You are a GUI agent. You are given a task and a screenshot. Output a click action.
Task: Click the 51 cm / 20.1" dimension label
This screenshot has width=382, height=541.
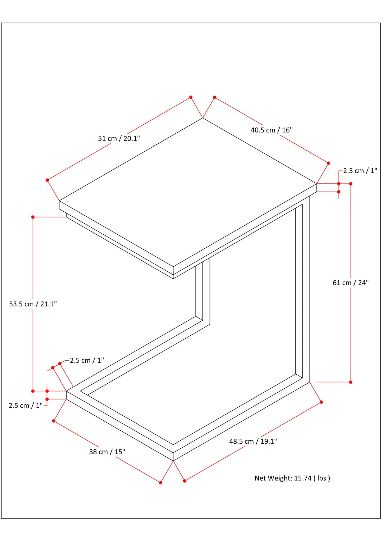(x=119, y=138)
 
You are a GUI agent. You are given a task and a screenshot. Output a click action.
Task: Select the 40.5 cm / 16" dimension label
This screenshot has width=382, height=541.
(x=271, y=130)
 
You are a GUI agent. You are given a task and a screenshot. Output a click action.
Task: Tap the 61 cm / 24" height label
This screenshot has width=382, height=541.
(x=351, y=283)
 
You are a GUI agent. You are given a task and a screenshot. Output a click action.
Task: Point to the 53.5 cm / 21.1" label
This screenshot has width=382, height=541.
(x=33, y=304)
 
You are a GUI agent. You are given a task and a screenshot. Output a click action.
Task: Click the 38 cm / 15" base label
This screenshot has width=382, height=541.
(x=107, y=452)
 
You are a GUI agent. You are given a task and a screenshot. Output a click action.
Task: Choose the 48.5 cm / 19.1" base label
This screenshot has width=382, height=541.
(x=253, y=441)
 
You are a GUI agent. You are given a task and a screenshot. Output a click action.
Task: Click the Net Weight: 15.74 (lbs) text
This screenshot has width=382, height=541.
(x=292, y=478)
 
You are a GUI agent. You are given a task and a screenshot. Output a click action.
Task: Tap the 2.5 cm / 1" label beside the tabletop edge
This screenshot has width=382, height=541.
(x=360, y=171)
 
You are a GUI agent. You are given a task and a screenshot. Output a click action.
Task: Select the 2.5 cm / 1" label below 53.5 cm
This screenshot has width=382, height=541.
(x=26, y=406)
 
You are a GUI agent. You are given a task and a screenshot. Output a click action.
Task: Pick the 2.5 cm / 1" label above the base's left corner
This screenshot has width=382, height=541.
(x=87, y=360)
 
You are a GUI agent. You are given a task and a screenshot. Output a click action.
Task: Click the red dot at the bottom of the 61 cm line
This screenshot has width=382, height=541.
(x=351, y=382)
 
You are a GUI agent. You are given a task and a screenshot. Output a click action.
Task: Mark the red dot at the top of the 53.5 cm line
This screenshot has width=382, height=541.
(x=33, y=217)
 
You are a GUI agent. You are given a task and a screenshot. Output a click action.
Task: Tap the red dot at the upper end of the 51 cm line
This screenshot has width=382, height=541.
(x=191, y=97)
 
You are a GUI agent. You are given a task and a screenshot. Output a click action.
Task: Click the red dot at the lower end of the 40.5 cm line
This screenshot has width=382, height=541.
(x=329, y=163)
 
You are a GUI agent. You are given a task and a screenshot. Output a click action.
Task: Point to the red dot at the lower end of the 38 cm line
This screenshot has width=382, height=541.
(x=160, y=483)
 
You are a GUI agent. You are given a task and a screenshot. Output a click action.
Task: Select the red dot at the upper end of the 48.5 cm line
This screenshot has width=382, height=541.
(x=321, y=402)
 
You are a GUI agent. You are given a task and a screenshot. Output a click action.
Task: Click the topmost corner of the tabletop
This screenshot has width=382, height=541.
(x=203, y=118)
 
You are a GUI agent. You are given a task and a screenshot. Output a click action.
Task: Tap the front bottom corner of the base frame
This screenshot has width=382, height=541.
(x=173, y=461)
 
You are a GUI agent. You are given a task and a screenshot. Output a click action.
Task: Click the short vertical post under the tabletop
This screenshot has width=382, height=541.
(x=203, y=291)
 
